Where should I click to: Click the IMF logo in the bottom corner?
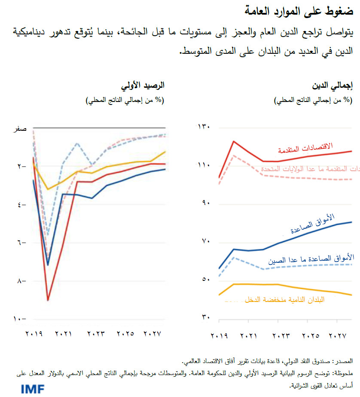point(33,389)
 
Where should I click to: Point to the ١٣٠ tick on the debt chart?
point(203,127)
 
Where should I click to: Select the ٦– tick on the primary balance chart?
point(22,243)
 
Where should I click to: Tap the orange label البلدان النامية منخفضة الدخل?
point(284,299)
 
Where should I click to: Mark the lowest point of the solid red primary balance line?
point(48,300)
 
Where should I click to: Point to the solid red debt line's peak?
point(233,141)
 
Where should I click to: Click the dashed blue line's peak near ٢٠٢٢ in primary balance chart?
point(77,143)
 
